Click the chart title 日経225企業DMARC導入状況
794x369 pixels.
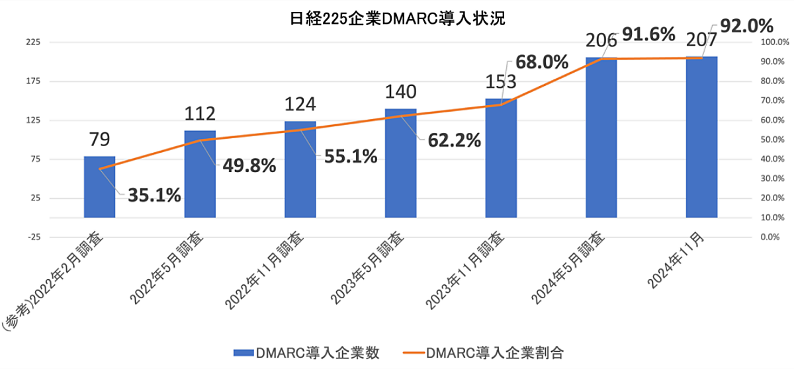(x=397, y=19)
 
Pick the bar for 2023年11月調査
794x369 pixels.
(x=501, y=158)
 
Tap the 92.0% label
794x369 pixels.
(x=747, y=26)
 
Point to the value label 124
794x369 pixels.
(x=300, y=104)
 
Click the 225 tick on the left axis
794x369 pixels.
(x=32, y=42)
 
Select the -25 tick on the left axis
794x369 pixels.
(x=32, y=237)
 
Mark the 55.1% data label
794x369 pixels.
(x=350, y=157)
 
